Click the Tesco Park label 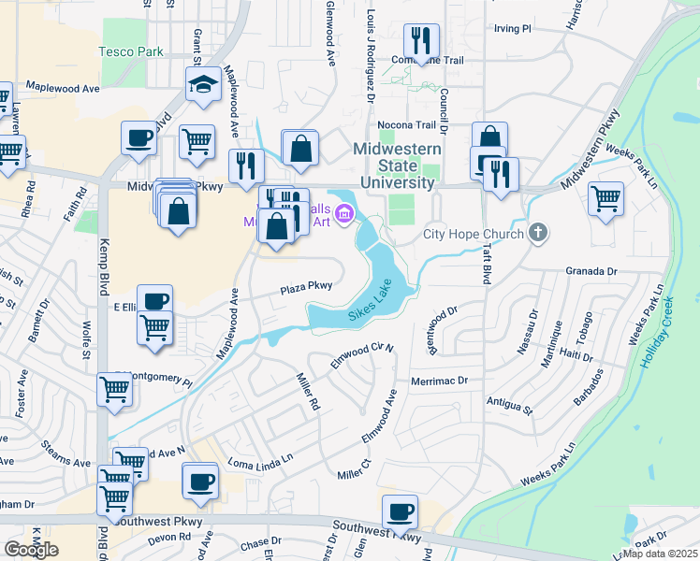pos(131,51)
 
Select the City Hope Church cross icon pos(538,233)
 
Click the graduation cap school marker pos(201,84)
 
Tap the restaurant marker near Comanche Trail pos(420,41)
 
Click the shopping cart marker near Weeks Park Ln pos(605,197)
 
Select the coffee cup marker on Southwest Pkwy pos(400,511)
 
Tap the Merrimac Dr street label pos(439,381)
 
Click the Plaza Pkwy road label pos(307,288)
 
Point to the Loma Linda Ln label pos(261,462)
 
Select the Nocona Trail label pos(406,124)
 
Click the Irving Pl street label pos(512,29)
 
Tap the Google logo pos(31,550)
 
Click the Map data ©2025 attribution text pos(661,554)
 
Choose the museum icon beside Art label pos(343,216)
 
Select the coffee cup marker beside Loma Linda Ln pos(199,481)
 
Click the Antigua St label pos(509,404)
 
